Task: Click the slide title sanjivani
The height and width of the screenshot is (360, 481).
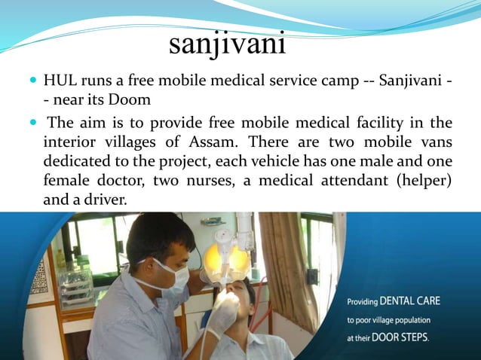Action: point(228,44)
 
